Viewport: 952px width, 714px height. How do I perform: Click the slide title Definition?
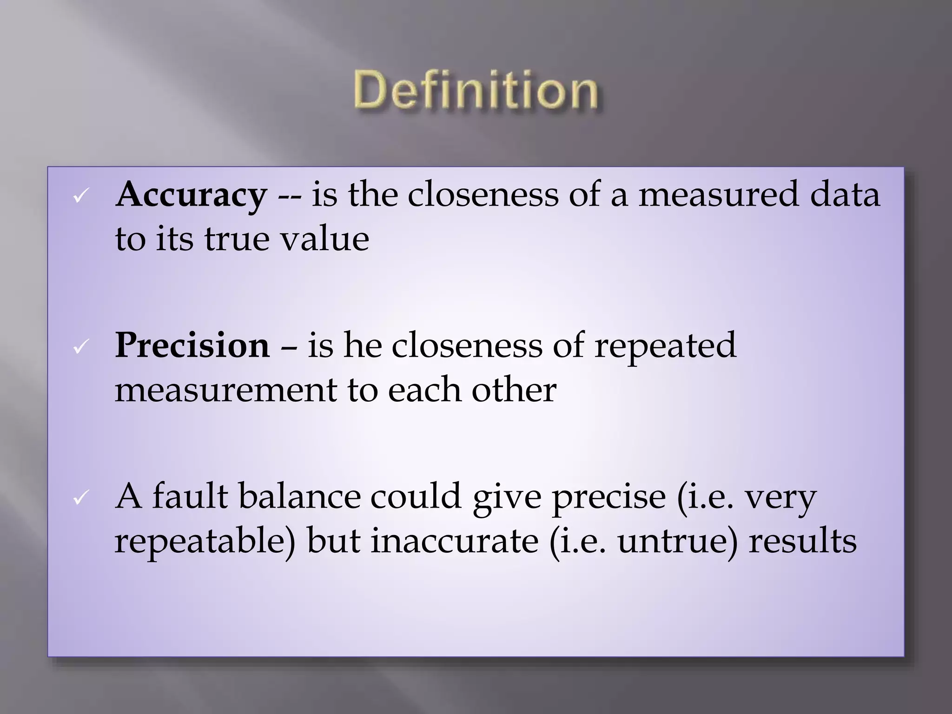(x=476, y=90)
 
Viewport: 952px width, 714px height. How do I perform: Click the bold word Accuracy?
(x=191, y=194)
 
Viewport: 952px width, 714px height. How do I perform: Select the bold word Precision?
(x=192, y=345)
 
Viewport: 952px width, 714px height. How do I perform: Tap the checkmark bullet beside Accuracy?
(x=80, y=197)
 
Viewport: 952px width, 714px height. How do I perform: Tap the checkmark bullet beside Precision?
(x=80, y=348)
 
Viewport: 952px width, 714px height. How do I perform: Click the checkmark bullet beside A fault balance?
(x=80, y=499)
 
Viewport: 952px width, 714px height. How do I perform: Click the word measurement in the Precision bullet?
(x=225, y=390)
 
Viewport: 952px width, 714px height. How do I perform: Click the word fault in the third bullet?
(x=190, y=496)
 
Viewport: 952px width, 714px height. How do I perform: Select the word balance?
(x=299, y=496)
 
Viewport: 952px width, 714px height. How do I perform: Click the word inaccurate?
(x=454, y=541)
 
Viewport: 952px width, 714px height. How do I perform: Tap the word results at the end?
(x=802, y=541)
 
